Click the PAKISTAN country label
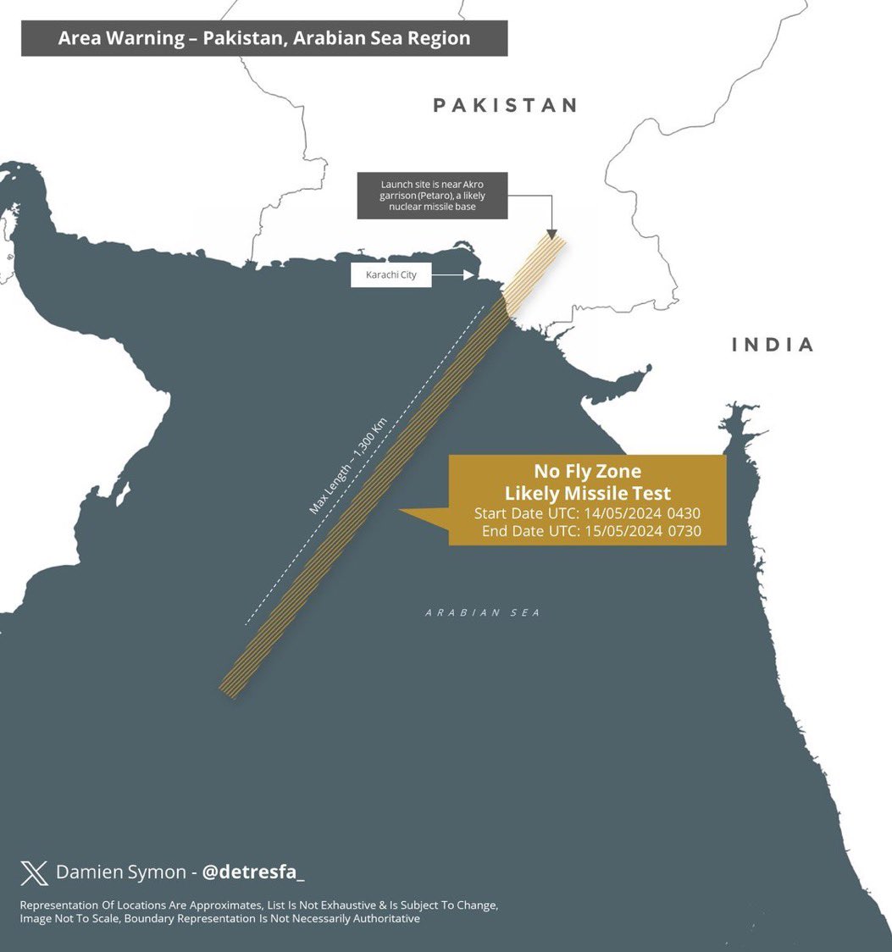pyautogui.click(x=506, y=105)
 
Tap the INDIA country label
pyautogui.click(x=773, y=345)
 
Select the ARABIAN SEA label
pyautogui.click(x=483, y=612)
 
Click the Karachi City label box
pyautogui.click(x=391, y=275)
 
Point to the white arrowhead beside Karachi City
pyautogui.click(x=468, y=275)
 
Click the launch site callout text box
pyautogui.click(x=432, y=196)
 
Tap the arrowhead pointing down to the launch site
pyautogui.click(x=551, y=233)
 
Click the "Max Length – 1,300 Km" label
pyautogui.click(x=348, y=466)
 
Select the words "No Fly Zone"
pyautogui.click(x=587, y=471)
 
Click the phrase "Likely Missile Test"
pyautogui.click(x=587, y=493)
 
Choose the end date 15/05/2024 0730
pyautogui.click(x=642, y=532)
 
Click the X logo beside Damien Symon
pyautogui.click(x=35, y=872)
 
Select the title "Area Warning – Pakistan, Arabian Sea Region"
pyautogui.click(x=264, y=38)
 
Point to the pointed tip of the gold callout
pyautogui.click(x=401, y=511)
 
